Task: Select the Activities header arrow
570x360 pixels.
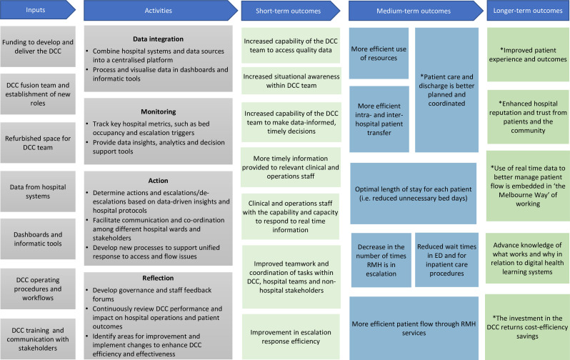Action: (x=159, y=11)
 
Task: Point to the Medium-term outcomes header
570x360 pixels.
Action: (x=414, y=11)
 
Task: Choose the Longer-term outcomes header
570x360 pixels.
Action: (x=529, y=11)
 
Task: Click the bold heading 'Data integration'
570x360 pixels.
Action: (x=159, y=38)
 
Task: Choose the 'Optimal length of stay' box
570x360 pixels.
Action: (x=414, y=192)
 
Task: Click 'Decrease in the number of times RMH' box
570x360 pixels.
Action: (x=381, y=259)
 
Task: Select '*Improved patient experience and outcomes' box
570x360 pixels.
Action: (x=528, y=55)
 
